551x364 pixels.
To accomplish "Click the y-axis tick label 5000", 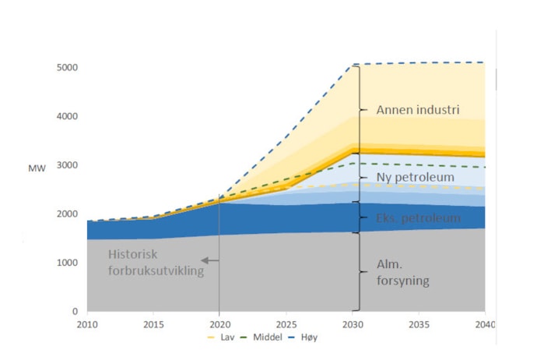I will point(68,68).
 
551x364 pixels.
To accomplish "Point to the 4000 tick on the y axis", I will point(68,116).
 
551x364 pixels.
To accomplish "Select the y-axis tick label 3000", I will point(68,165).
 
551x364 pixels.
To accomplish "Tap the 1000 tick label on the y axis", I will point(68,263).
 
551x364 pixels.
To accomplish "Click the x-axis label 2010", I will point(86,323).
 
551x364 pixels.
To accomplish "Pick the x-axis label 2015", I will point(153,323).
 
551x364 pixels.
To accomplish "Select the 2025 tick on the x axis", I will point(286,323).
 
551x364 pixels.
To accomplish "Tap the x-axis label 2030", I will point(353,323).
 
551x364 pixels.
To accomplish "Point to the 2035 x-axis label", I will point(419,323).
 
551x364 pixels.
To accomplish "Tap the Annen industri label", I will point(418,110).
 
